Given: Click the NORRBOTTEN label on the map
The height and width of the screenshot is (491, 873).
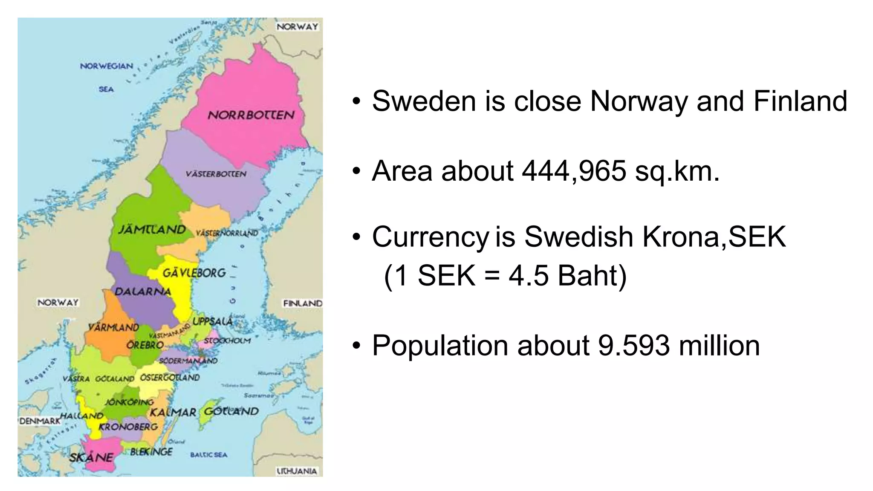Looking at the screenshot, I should pyautogui.click(x=251, y=115).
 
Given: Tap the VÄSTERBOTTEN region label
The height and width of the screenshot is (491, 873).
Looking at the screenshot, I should pyautogui.click(x=216, y=174).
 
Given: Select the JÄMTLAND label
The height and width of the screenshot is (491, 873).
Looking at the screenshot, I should pyautogui.click(x=152, y=230).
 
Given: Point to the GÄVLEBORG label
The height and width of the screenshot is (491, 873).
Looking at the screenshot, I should pyautogui.click(x=194, y=273).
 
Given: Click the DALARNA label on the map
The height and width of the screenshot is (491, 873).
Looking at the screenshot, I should pyautogui.click(x=143, y=292).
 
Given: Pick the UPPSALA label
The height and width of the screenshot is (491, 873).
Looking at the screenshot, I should pyautogui.click(x=213, y=321).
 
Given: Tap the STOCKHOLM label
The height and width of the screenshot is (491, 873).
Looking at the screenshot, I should pyautogui.click(x=227, y=341).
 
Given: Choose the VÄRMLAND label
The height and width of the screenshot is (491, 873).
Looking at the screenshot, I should pyautogui.click(x=113, y=327).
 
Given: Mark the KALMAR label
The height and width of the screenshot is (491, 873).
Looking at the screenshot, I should pyautogui.click(x=173, y=413).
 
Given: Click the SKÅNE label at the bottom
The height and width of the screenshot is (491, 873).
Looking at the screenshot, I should pyautogui.click(x=91, y=457).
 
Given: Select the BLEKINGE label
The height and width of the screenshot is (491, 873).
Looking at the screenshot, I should pyautogui.click(x=151, y=452).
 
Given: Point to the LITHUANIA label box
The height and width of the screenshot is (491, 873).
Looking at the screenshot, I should pyautogui.click(x=297, y=471).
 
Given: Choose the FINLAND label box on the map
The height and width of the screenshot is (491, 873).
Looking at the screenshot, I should pyautogui.click(x=303, y=303).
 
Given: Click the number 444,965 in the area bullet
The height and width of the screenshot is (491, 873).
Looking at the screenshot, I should pyautogui.click(x=574, y=171).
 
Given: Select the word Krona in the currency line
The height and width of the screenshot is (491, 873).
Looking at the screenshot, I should pyautogui.click(x=681, y=237).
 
